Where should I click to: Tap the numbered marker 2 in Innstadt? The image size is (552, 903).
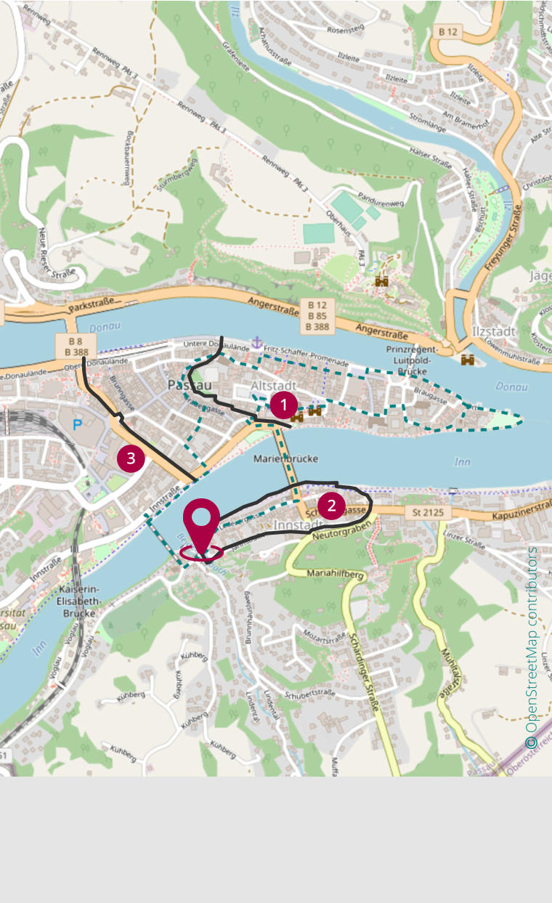[x=332, y=506]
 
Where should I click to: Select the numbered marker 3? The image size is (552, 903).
[x=131, y=458]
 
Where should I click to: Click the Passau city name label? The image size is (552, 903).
[x=190, y=384]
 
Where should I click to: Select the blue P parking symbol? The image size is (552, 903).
[x=77, y=424]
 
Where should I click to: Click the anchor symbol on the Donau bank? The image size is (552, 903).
[x=256, y=342]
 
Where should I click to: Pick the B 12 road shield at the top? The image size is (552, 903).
[x=449, y=32]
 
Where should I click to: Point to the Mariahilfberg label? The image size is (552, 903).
[x=335, y=574]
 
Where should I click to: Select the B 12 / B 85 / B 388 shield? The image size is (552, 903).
[x=317, y=316]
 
